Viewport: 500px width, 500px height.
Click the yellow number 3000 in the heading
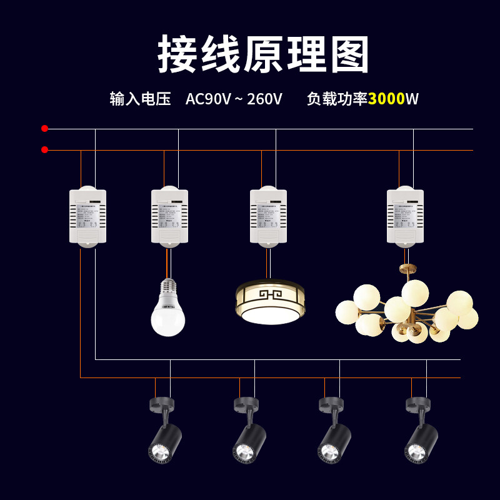(386, 99)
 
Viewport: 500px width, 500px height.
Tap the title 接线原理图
(263, 55)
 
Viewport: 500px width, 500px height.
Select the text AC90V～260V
(234, 99)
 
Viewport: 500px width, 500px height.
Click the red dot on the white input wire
(44, 129)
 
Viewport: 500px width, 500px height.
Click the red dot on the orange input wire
(44, 150)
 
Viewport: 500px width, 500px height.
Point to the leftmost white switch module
(87, 216)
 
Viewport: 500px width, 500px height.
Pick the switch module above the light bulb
(169, 216)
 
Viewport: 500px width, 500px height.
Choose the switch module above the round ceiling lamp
(268, 216)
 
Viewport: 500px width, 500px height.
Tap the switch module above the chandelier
(405, 216)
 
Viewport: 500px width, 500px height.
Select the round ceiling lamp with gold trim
(270, 302)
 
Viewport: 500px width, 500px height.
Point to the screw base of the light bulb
(168, 286)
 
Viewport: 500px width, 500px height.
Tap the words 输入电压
(140, 99)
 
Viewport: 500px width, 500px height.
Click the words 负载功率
(337, 99)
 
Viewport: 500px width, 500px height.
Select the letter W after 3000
(412, 99)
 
